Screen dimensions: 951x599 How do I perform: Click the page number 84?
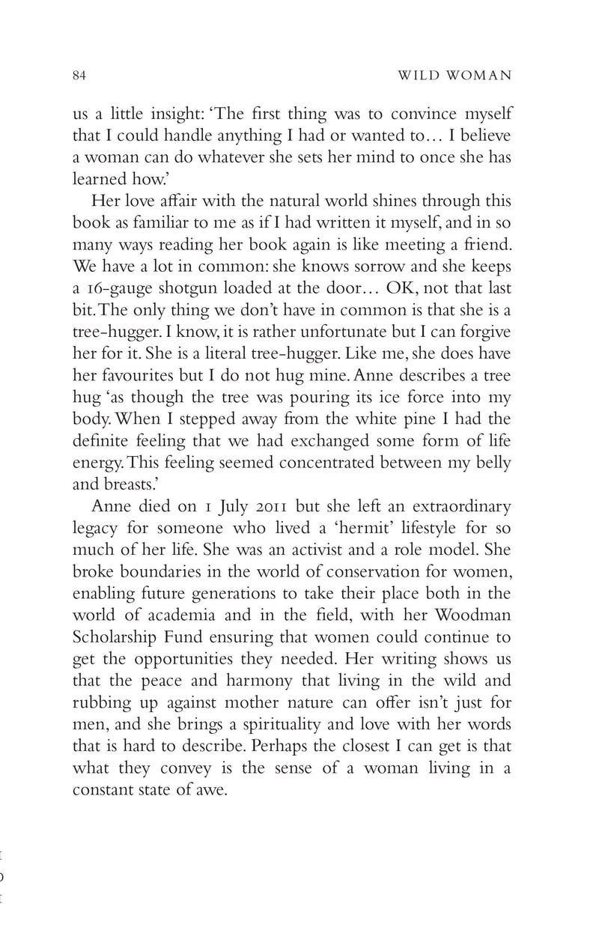click(x=80, y=75)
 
